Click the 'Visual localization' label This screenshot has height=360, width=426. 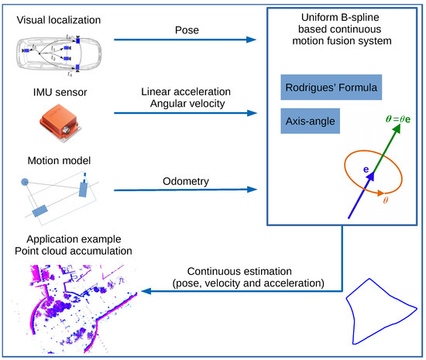(55, 15)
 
